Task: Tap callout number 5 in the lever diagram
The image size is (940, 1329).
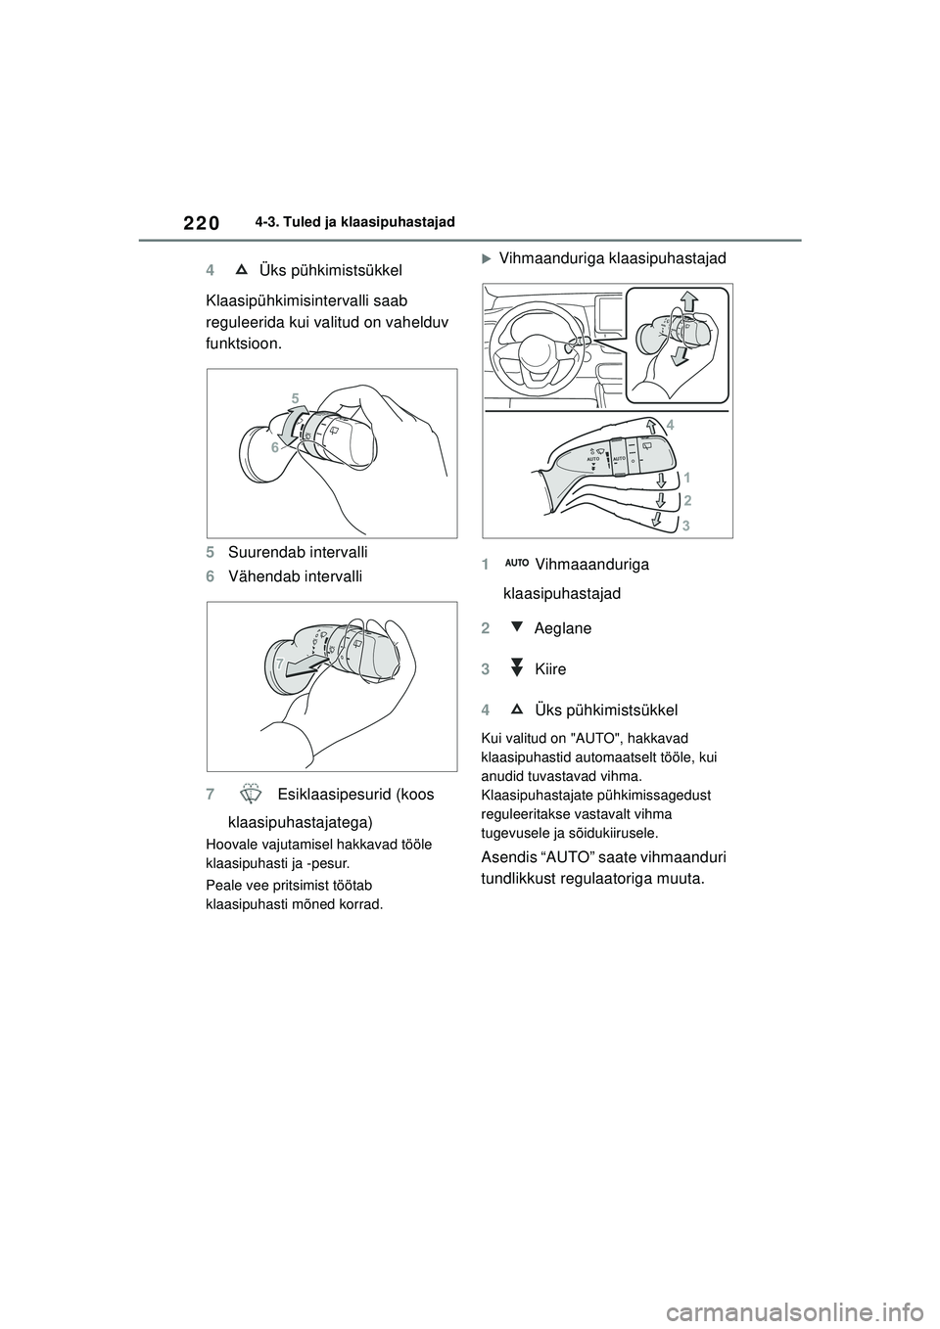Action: pyautogui.click(x=294, y=397)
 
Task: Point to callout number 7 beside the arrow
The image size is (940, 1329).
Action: pyautogui.click(x=279, y=664)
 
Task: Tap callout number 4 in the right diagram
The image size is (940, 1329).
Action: pyautogui.click(x=670, y=424)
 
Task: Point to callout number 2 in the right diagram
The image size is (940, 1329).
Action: pyautogui.click(x=687, y=500)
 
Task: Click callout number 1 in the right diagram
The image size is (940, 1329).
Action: pyautogui.click(x=687, y=478)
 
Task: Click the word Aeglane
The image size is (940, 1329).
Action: pyautogui.click(x=563, y=628)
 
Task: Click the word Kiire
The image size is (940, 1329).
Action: pyautogui.click(x=550, y=669)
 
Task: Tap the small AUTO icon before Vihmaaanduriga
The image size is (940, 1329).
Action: pyautogui.click(x=519, y=564)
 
